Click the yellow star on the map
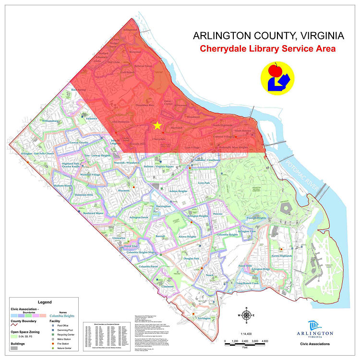(x=156, y=126)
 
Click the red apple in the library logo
(x=275, y=71)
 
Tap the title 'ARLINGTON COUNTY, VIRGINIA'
(x=268, y=36)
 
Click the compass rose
(x=247, y=315)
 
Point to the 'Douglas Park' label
(x=191, y=259)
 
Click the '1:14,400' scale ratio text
(x=246, y=334)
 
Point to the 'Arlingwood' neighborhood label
(x=130, y=30)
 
